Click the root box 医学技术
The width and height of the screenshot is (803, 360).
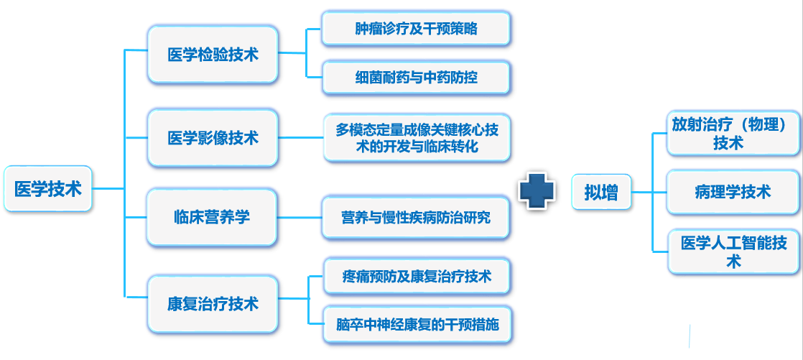[47, 188]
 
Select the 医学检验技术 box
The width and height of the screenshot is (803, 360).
[213, 55]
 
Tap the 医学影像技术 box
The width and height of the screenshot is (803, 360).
[213, 137]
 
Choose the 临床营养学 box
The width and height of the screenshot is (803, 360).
[211, 217]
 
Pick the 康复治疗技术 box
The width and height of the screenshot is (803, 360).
[213, 304]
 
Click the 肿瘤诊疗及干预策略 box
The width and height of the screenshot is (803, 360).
[416, 29]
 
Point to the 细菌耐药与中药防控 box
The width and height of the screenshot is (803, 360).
[416, 78]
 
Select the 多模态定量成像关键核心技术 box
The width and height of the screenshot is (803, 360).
[417, 138]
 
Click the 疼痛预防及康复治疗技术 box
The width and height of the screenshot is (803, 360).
[417, 277]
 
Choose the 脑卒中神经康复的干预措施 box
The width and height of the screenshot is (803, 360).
[417, 325]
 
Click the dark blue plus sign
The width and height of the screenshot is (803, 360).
[537, 190]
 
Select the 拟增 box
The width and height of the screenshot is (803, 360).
[601, 192]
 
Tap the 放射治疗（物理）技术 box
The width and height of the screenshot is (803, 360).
[733, 133]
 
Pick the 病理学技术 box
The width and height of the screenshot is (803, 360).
[733, 192]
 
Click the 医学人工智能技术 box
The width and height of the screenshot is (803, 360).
[733, 251]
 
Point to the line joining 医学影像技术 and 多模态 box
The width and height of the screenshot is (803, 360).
[301, 138]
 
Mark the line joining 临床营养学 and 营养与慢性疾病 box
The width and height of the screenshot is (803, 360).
[299, 218]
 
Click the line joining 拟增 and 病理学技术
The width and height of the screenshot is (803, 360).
[649, 192]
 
